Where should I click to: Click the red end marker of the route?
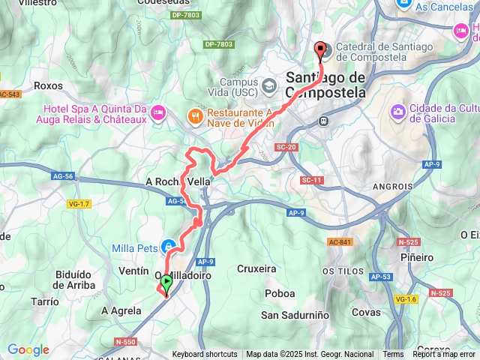coord(322,51)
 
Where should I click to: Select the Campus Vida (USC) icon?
coord(268,83)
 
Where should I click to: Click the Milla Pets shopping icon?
coord(171,247)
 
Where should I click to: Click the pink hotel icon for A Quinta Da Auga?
coord(157,113)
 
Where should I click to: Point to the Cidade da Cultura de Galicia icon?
coord(397,112)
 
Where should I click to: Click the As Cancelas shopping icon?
coord(403,6)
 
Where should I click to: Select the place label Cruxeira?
coord(256,268)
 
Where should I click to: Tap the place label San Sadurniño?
coord(295,315)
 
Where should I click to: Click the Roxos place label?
coord(48,86)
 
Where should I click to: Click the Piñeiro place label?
coord(417,257)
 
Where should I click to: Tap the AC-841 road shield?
coord(339,241)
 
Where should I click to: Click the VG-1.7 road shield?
coord(79,204)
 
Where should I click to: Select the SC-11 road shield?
coord(311,180)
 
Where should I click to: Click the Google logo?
coord(28,349)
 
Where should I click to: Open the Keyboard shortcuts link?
coord(205,355)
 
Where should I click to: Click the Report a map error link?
coord(445,355)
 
